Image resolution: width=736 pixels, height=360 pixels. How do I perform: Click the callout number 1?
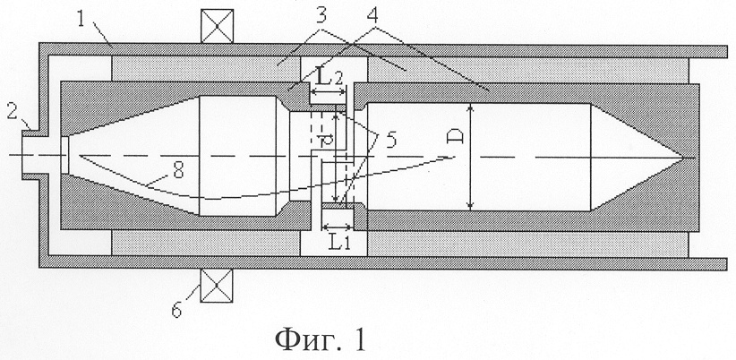point(81,21)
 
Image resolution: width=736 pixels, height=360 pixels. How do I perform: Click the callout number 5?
point(390,139)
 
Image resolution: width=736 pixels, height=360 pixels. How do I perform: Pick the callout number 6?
point(176,310)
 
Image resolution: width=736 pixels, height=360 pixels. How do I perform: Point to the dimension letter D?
point(458,137)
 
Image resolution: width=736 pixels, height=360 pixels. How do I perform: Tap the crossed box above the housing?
point(217,26)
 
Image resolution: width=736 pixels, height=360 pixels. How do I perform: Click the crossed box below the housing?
point(217,286)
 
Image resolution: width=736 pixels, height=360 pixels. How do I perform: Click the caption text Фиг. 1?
point(321,339)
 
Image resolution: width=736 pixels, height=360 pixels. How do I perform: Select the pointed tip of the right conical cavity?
point(683,157)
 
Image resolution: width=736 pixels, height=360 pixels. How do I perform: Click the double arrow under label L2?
point(328,94)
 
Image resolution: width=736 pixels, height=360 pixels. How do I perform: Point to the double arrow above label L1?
point(336,227)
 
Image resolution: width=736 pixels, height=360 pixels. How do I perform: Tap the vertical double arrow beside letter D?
point(471,157)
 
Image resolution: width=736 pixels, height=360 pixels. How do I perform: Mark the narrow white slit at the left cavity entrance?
point(64,155)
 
